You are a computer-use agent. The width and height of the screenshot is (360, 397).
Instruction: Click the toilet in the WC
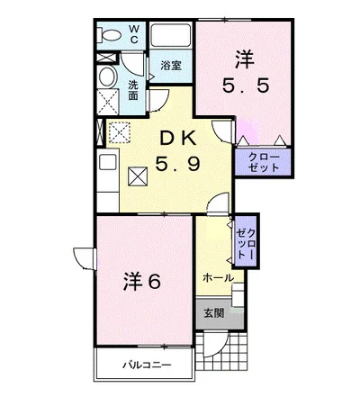[110, 35]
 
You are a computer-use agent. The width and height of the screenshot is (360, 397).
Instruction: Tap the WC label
[134, 34]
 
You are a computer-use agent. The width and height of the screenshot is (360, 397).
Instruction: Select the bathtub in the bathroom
[171, 35]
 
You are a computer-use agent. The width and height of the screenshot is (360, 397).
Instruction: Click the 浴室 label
[171, 66]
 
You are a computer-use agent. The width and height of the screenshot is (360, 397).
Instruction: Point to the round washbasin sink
[107, 77]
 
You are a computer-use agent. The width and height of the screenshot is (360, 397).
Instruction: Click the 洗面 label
[133, 90]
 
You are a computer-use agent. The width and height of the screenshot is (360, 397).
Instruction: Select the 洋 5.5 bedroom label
[245, 72]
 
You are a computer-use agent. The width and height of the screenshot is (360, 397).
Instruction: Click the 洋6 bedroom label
[142, 281]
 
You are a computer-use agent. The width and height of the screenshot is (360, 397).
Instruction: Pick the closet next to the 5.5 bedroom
[263, 162]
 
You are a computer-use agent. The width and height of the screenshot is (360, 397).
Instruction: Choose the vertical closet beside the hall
[246, 240]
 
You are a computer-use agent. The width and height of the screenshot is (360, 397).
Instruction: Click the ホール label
[219, 278]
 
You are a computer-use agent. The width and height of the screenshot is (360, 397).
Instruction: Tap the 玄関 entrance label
[214, 313]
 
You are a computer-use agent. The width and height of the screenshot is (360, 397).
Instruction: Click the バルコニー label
[148, 365]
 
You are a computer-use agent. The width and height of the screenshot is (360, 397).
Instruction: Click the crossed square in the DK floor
[139, 176]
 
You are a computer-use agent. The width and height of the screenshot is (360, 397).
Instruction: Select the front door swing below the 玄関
[215, 344]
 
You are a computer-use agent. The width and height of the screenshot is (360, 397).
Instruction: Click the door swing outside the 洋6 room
[84, 258]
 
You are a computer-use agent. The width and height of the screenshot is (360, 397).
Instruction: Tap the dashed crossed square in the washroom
[108, 102]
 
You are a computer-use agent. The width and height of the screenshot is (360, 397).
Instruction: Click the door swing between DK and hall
[219, 203]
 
